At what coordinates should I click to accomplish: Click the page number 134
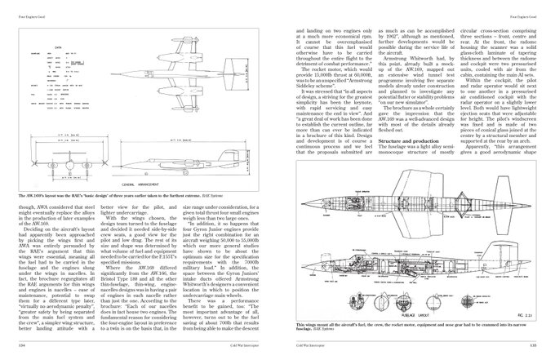[x=21, y=345]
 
